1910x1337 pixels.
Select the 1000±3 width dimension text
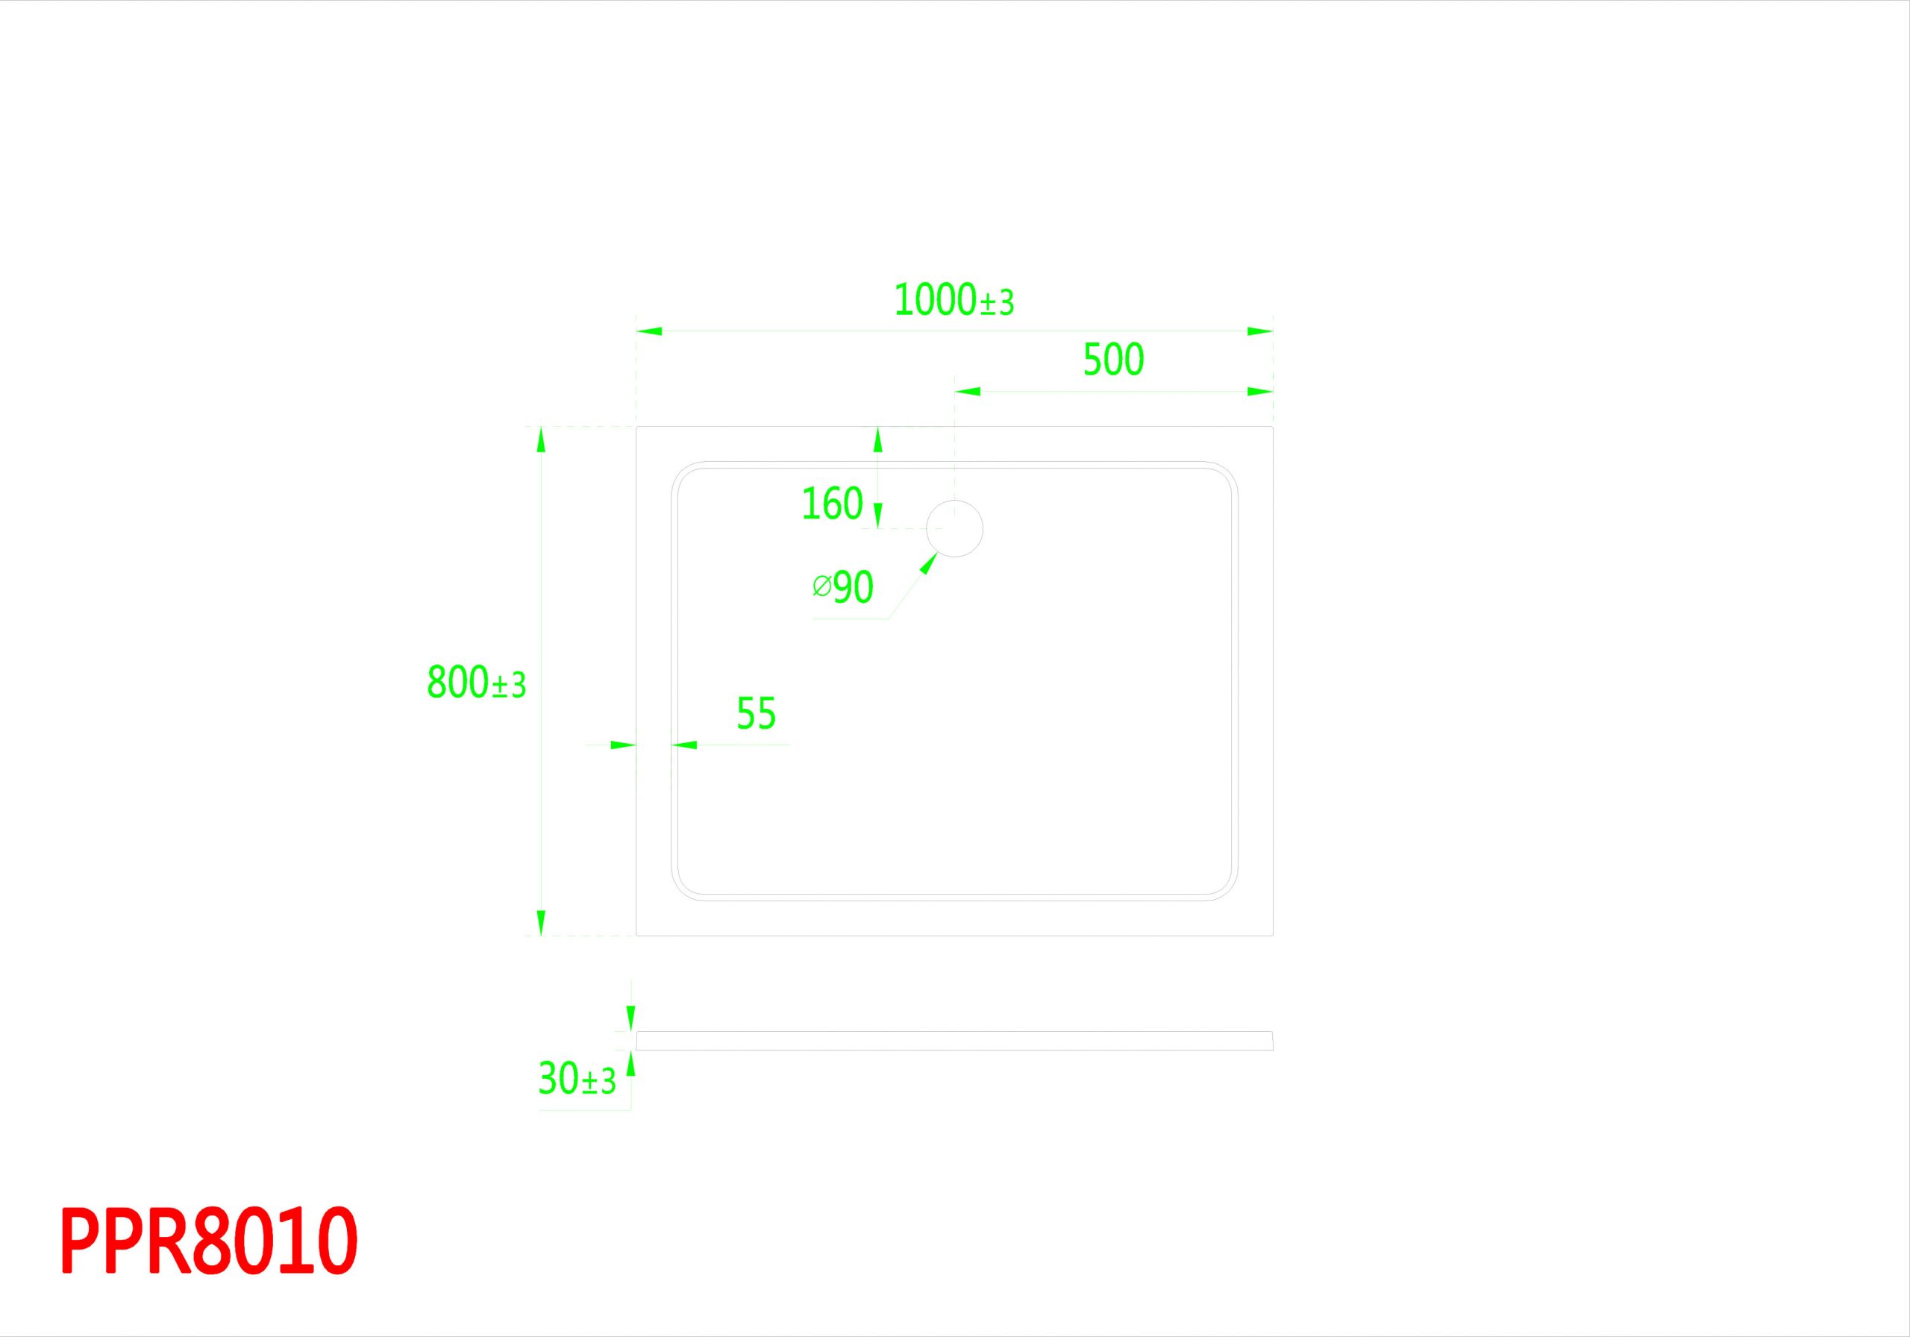click(954, 301)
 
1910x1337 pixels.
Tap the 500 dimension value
click(1113, 360)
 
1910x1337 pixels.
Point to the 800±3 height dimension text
click(477, 682)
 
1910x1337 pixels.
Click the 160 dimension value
click(832, 504)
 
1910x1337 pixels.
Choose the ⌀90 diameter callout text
click(842, 587)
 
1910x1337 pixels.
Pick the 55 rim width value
click(757, 713)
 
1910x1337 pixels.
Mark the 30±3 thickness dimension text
click(577, 1079)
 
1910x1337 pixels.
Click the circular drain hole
click(955, 528)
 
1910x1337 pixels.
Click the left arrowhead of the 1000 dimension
click(650, 331)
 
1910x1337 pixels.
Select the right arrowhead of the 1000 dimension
click(1259, 331)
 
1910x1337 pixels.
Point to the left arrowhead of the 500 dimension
click(968, 391)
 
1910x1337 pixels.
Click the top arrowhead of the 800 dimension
click(542, 439)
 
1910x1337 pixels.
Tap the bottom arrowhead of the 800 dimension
click(542, 923)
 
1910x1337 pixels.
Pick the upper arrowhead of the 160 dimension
click(877, 439)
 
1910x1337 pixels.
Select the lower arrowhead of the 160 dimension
click(877, 515)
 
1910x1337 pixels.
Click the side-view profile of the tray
click(954, 1041)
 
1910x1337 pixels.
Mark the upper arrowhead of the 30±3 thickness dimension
click(630, 1018)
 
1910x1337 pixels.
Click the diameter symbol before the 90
click(821, 586)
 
